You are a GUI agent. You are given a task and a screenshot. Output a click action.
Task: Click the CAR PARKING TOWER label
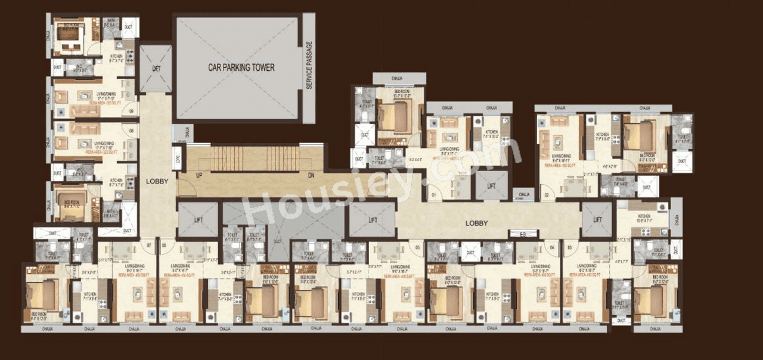pos(241,67)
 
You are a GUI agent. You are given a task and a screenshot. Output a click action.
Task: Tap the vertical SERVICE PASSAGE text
pos(309,66)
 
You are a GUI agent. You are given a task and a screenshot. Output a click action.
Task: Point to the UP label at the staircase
pos(198,175)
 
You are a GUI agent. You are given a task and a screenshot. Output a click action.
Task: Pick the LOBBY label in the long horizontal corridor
pos(477,224)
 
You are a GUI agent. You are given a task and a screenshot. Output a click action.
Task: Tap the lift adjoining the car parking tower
pos(156,69)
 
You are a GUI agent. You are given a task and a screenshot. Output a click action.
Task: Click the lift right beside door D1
pos(491,185)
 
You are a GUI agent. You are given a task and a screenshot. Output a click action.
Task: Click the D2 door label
pos(545,195)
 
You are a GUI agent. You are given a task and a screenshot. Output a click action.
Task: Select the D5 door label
pos(418,247)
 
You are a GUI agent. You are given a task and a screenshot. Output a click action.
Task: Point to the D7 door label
pos(149,246)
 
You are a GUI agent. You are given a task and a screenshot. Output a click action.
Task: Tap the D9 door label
pos(131,111)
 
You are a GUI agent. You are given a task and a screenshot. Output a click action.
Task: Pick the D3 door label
pos(570,247)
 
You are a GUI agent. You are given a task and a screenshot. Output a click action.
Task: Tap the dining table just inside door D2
pos(572,186)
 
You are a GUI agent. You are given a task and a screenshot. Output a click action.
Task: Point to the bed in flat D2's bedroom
pos(637,136)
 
